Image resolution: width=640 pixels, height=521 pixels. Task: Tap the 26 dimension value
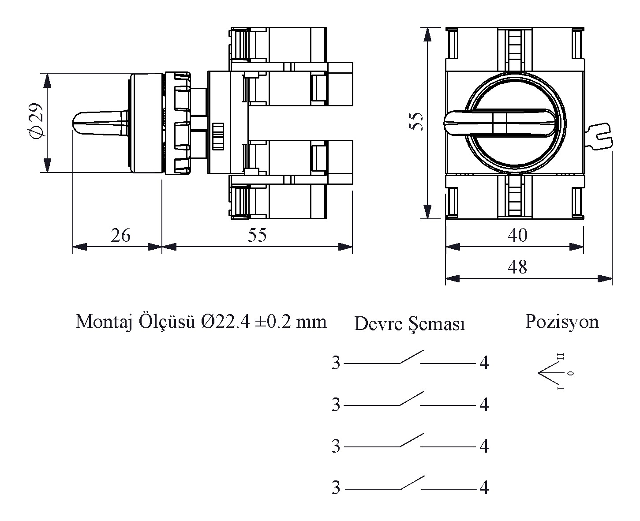(x=120, y=235)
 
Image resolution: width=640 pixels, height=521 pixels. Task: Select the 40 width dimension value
(x=517, y=235)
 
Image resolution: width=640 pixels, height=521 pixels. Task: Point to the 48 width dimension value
(x=517, y=267)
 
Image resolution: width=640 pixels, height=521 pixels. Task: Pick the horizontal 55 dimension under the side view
(x=257, y=235)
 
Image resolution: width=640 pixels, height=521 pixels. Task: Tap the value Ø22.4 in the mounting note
(x=225, y=322)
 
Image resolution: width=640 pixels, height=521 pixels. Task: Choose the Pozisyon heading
(x=562, y=322)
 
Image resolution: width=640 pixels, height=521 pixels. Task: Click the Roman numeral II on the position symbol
(x=561, y=356)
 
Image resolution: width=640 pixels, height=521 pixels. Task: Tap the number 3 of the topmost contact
(x=336, y=363)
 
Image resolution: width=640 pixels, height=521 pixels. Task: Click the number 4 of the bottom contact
(x=484, y=487)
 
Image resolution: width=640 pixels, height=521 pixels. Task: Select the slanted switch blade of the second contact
(x=412, y=398)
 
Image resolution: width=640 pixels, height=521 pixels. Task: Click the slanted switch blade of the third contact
(x=412, y=440)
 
